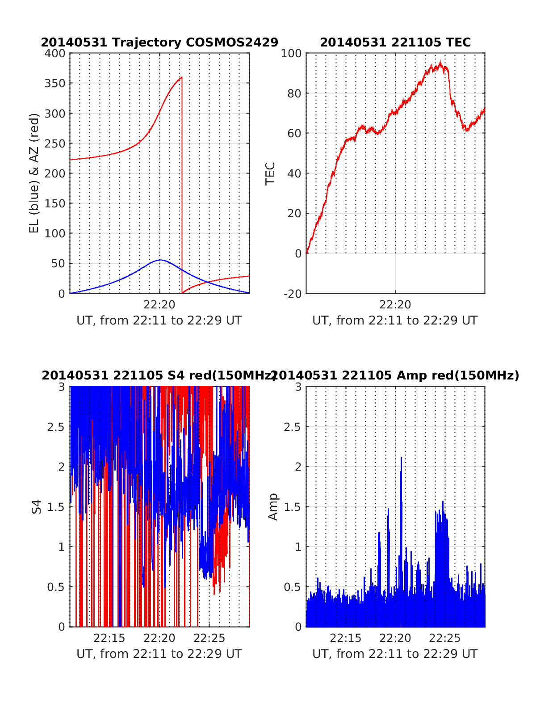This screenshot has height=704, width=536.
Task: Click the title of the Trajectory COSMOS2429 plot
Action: tap(159, 42)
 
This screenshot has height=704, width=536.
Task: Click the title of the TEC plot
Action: tap(395, 42)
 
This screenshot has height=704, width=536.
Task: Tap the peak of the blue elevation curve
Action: tap(160, 260)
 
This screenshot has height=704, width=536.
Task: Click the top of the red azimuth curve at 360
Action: tap(181, 77)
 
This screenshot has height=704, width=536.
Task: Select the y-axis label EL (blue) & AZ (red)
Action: tap(34, 173)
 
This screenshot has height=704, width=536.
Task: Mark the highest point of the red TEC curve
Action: tap(440, 62)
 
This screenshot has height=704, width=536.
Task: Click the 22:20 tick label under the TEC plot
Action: tap(395, 305)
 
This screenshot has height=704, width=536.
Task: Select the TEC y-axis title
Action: tap(270, 173)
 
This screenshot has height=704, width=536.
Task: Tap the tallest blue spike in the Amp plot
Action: tap(401, 458)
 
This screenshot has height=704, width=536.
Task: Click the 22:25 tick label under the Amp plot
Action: tap(444, 638)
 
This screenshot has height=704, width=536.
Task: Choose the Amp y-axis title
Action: tap(272, 507)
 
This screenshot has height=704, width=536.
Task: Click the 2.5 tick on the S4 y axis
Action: tap(56, 427)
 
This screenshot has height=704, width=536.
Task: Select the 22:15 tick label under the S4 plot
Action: tap(110, 638)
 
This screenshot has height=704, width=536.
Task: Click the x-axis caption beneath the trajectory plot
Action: tap(159, 320)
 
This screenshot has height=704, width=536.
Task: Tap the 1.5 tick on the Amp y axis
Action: tap(292, 507)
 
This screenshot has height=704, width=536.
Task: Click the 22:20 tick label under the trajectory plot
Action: tap(159, 305)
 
